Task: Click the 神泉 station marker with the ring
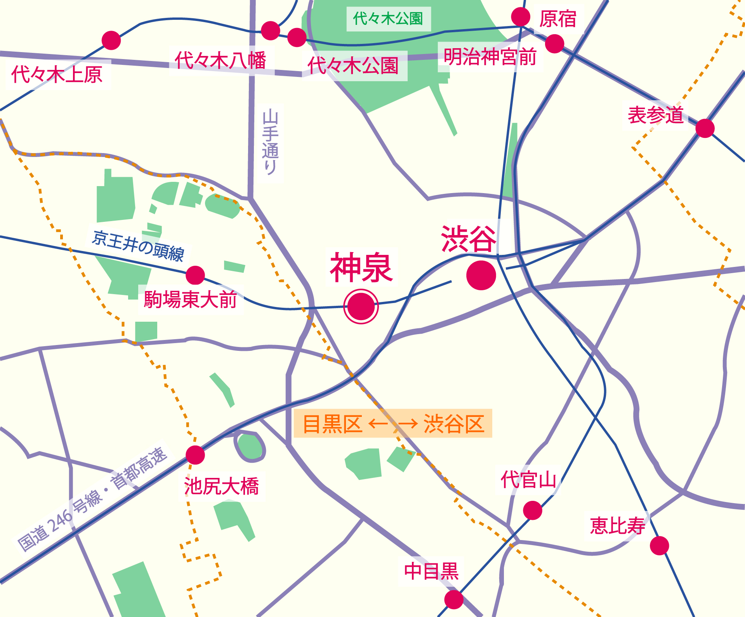(x=361, y=306)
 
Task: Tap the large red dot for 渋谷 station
(x=481, y=275)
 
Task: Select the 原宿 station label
(x=558, y=19)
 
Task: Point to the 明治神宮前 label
(x=490, y=57)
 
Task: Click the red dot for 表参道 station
(x=705, y=128)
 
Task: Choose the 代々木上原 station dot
(x=111, y=40)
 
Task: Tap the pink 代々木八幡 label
(x=221, y=60)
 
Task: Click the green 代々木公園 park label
(x=388, y=19)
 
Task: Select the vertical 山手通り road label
(x=270, y=142)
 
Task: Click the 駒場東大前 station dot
(x=195, y=275)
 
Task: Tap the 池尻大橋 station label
(x=221, y=486)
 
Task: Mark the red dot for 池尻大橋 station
(x=195, y=455)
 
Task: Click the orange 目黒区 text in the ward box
(x=332, y=424)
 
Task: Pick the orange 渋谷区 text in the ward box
(x=454, y=424)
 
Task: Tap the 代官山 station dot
(x=532, y=510)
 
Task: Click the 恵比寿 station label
(x=617, y=526)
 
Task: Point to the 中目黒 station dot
(x=453, y=600)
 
